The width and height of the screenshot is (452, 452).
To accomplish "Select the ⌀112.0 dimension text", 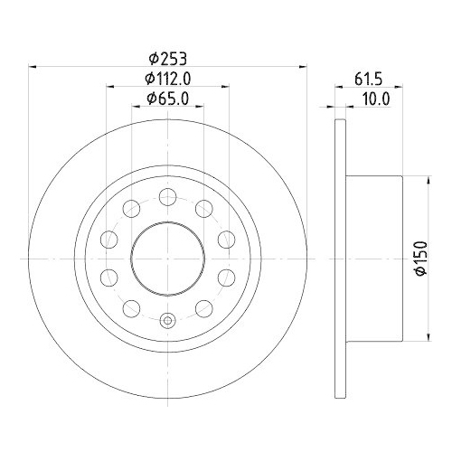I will (x=167, y=80).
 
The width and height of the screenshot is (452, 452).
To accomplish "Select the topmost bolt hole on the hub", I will (x=167, y=196).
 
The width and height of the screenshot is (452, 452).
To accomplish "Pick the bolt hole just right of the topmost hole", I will (x=202, y=207).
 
